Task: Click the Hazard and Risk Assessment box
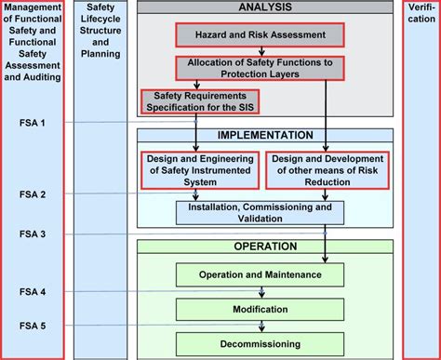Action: point(260,35)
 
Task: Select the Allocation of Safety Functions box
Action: point(260,68)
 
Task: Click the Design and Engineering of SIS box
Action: point(200,170)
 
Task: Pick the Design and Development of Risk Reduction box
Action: point(327,170)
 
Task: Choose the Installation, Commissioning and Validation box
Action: point(265,213)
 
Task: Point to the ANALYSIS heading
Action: point(265,7)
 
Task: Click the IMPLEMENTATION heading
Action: point(265,135)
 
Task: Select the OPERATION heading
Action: point(265,247)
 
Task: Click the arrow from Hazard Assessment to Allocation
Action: point(260,51)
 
